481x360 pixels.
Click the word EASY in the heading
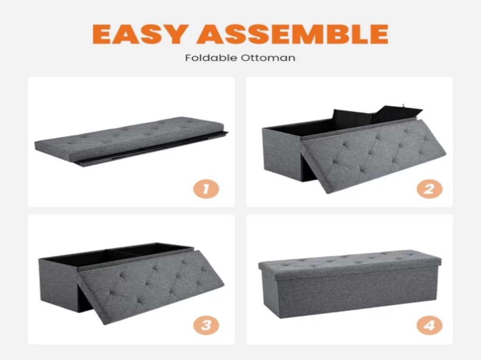[x=140, y=34]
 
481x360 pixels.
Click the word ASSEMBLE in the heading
[x=292, y=34]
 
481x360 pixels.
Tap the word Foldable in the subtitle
[x=211, y=58]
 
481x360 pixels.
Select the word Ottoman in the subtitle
[x=268, y=58]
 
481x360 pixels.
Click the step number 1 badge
[x=206, y=189]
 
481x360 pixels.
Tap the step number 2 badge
[x=429, y=189]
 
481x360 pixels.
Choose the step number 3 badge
[x=206, y=325]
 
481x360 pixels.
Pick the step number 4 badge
[x=429, y=325]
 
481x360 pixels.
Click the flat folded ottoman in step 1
[x=132, y=141]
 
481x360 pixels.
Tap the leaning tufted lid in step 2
[x=372, y=155]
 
